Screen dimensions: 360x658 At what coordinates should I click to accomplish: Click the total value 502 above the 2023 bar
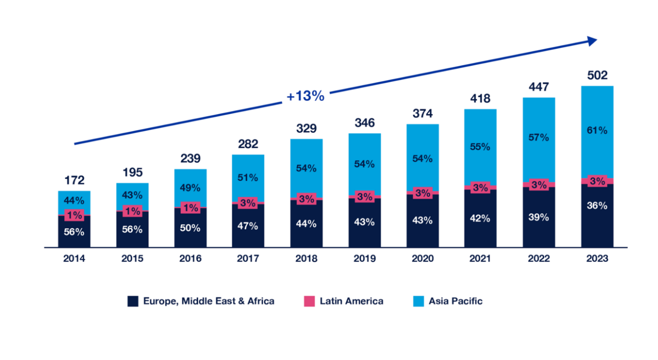597,76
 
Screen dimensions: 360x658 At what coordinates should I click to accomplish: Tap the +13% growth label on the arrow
305,96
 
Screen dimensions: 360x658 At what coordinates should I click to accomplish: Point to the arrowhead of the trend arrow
593,41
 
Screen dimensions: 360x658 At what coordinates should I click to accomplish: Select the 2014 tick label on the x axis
74,259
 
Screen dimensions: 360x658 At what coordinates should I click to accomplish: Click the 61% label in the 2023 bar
597,130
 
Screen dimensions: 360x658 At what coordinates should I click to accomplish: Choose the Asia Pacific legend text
455,301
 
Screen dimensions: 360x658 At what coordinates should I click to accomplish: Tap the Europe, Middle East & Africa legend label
209,301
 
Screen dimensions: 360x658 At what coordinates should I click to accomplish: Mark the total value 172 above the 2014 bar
74,181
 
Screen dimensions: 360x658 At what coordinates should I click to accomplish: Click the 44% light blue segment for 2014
74,201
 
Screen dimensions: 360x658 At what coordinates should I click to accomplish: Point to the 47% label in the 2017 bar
248,226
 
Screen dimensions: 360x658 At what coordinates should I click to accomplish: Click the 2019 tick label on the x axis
364,259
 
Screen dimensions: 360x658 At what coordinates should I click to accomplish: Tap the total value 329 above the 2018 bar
306,129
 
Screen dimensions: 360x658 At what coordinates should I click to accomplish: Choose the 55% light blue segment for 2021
480,147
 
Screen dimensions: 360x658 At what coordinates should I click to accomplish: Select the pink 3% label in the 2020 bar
423,193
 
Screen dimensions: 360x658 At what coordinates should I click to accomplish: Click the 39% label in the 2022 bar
539,217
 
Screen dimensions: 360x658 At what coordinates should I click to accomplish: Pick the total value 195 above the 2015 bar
132,172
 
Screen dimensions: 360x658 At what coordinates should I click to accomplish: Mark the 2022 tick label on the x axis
539,259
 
